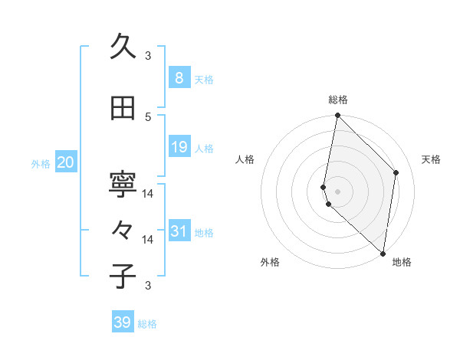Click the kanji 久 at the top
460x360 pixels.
tap(123, 47)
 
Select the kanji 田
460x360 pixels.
tap(123, 109)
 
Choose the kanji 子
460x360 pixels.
tap(123, 277)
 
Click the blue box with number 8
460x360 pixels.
tap(179, 78)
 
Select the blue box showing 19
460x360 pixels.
tap(179, 147)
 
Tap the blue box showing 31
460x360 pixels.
tap(179, 231)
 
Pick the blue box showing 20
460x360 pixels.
tap(65, 162)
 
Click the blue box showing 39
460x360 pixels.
tap(123, 322)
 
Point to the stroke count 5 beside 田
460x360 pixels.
tap(148, 116)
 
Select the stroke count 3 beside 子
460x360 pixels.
tap(148, 286)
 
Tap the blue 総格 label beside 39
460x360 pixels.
tap(147, 324)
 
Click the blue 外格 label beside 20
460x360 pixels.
tap(41, 163)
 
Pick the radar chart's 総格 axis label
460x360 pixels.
tap(338, 100)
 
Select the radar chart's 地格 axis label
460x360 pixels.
tap(402, 262)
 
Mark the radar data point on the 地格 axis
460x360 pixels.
tap(383, 253)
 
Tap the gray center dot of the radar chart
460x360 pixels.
tap(338, 191)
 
